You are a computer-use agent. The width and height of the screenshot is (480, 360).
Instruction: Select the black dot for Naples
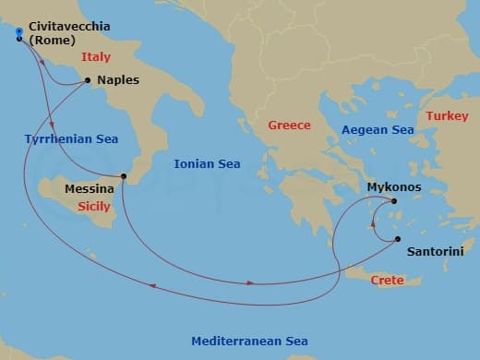coord(88,80)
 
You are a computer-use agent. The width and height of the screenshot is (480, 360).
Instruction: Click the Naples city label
coord(117,80)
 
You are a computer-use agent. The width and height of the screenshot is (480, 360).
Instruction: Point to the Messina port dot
coord(124,176)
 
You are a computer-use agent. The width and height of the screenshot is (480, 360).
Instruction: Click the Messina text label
coord(90,188)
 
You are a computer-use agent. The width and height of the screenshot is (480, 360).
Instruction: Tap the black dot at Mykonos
coord(394,201)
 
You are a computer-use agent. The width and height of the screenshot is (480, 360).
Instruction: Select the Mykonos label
coord(394,186)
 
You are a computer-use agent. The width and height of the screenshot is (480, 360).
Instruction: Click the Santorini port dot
coord(398,239)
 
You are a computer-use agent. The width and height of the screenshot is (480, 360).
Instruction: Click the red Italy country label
coord(95,57)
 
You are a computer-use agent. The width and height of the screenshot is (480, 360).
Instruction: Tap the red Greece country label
coord(289,126)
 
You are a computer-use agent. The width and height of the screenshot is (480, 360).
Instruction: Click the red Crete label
coord(387,279)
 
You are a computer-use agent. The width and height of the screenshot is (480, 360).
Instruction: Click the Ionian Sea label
coord(207,164)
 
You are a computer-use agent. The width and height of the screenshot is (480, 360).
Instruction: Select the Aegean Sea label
coord(377,130)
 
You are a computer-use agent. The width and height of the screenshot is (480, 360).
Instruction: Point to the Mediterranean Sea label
coord(249,342)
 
